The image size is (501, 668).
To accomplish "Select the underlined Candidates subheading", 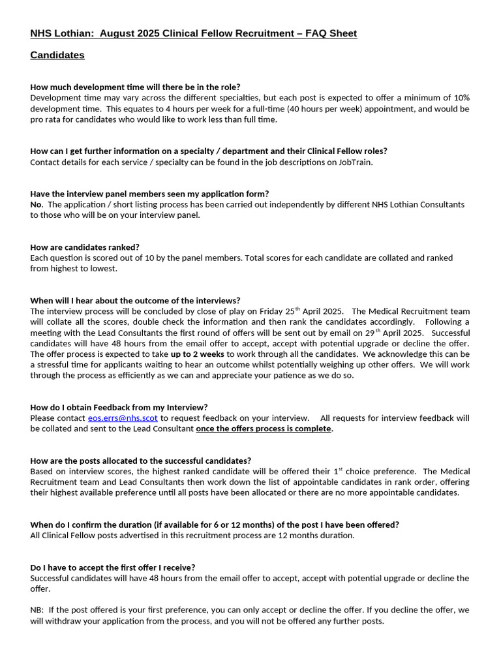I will tap(57, 55).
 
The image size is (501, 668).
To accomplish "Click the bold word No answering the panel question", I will tap(36, 205).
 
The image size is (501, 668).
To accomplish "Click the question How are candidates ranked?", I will tap(85, 247).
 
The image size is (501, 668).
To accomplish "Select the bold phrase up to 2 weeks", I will tap(197, 354).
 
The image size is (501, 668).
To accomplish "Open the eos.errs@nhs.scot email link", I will tap(123, 418).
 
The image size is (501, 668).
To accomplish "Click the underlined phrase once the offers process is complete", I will tap(264, 429).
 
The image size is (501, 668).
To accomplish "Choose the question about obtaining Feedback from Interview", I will tap(119, 408).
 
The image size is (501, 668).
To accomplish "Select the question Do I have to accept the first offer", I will tap(112, 568).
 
